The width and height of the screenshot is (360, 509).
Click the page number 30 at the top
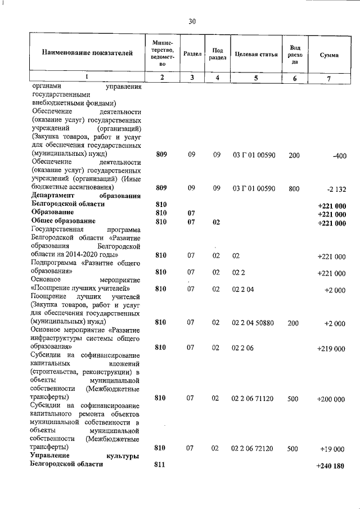click(x=192, y=21)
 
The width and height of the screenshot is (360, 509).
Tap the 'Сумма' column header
click(x=328, y=55)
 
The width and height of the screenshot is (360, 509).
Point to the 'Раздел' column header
click(x=193, y=54)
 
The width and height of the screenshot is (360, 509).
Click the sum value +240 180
click(x=331, y=465)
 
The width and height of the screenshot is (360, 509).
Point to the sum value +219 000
click(x=331, y=349)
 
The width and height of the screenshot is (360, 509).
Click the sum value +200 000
click(x=331, y=399)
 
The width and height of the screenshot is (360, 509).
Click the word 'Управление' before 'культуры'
click(x=51, y=456)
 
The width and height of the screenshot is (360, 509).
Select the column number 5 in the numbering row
click(x=255, y=78)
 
